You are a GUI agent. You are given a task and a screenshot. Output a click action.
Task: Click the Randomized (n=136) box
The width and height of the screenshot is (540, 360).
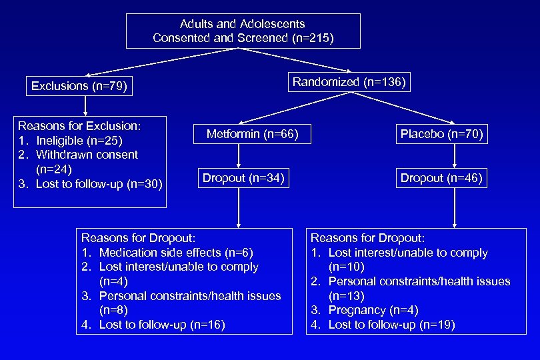(x=349, y=83)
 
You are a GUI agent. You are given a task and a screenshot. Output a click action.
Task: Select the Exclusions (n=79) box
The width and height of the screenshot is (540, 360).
(x=79, y=86)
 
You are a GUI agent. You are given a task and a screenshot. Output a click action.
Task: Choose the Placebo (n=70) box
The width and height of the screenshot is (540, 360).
(x=441, y=135)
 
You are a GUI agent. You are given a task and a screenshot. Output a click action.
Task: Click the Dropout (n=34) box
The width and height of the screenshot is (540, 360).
(x=243, y=178)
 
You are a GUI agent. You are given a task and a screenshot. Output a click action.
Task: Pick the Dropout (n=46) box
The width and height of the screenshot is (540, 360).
(x=441, y=178)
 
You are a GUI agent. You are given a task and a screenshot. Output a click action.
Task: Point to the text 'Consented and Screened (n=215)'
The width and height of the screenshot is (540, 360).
(x=243, y=38)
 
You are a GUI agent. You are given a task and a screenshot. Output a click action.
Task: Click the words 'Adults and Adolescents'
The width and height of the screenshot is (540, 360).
(x=243, y=24)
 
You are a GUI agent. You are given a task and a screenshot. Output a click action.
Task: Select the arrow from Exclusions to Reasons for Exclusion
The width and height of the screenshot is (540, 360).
(x=85, y=105)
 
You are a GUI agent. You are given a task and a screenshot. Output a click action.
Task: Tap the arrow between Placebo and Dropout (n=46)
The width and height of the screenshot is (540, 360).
(x=454, y=157)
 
